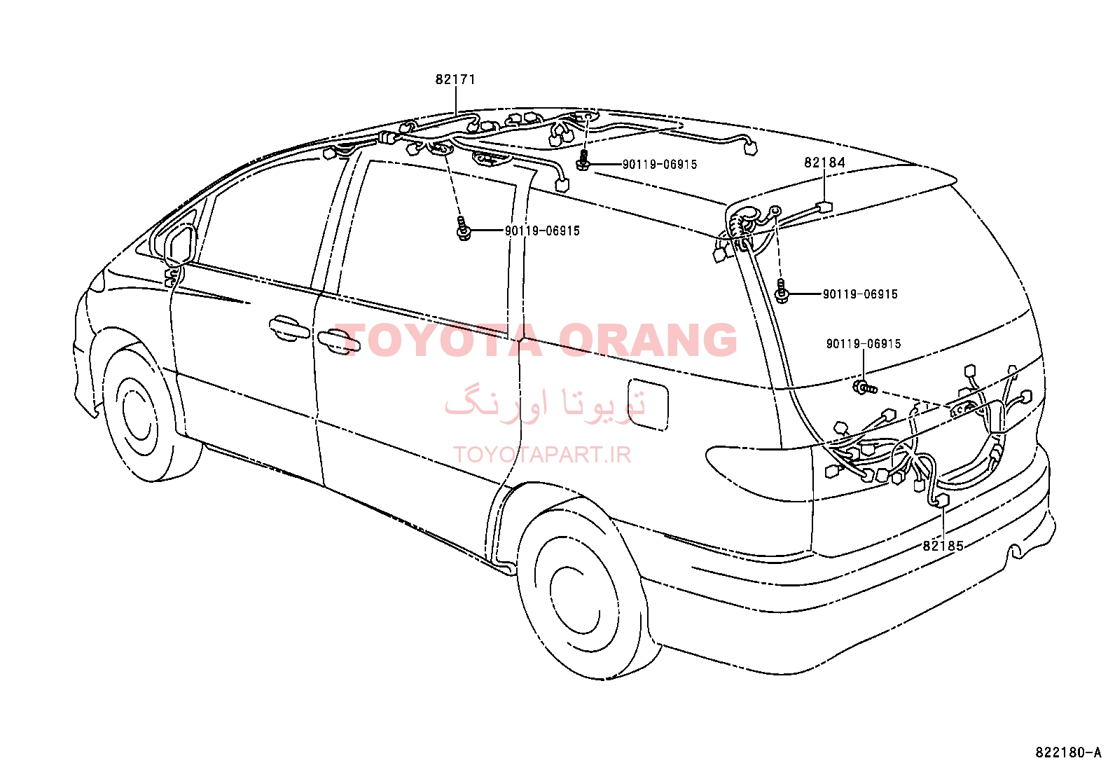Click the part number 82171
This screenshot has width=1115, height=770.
pyautogui.click(x=455, y=80)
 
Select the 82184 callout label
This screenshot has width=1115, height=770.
pyautogui.click(x=825, y=163)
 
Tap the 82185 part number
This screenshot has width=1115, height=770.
pyautogui.click(x=943, y=546)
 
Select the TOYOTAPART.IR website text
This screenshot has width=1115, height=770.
pyautogui.click(x=542, y=455)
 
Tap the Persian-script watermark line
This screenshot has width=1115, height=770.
pyautogui.click(x=545, y=402)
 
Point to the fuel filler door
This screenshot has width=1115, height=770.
pyautogui.click(x=648, y=404)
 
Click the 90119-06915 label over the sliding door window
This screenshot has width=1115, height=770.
pyautogui.click(x=542, y=231)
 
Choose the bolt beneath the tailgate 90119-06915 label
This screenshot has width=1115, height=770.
pyautogui.click(x=865, y=387)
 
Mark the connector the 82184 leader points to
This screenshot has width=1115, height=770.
pyautogui.click(x=824, y=207)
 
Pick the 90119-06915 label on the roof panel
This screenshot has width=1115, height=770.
pyautogui.click(x=660, y=165)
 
